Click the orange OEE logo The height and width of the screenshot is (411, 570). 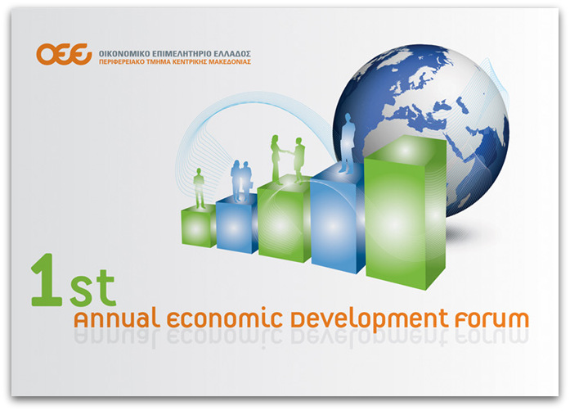(x=64, y=54)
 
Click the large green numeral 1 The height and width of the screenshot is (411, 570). (x=47, y=279)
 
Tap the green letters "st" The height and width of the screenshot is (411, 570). (x=93, y=287)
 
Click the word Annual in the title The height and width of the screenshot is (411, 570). (x=117, y=318)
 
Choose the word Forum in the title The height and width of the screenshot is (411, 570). (x=491, y=318)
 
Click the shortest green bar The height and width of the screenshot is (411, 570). (x=199, y=226)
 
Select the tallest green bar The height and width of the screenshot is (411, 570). (x=406, y=212)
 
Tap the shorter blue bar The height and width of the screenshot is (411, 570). (x=237, y=223)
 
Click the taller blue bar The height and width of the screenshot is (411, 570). (x=338, y=218)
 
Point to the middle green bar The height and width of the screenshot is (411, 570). (x=285, y=218)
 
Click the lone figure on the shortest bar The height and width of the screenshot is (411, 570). (x=199, y=188)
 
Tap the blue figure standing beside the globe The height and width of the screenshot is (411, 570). (x=348, y=142)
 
